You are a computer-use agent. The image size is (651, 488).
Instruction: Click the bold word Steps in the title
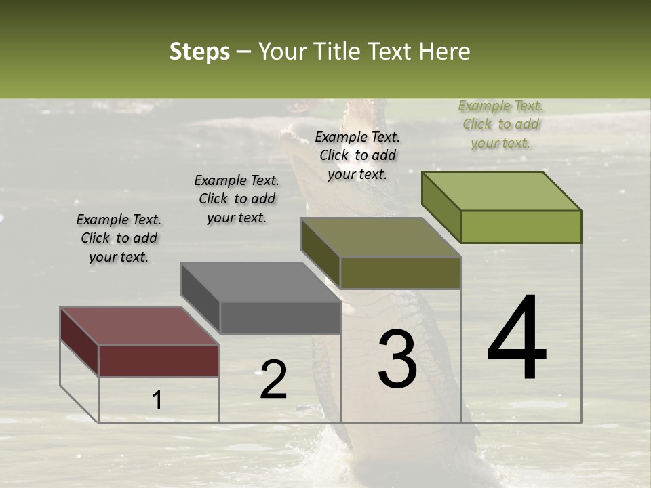[x=199, y=52]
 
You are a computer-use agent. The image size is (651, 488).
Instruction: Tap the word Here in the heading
[x=444, y=52]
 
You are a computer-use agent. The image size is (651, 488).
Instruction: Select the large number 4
[x=517, y=339]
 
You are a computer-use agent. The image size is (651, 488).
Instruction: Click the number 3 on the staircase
[x=397, y=359]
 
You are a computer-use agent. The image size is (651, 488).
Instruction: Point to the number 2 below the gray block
[x=273, y=380]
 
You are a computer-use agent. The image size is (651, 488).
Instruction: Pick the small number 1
[x=157, y=401]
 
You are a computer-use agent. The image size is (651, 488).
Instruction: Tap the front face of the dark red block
[x=159, y=361]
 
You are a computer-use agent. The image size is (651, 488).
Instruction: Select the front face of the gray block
[x=280, y=317]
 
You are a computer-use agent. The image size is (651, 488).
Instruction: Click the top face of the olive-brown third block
[x=380, y=237]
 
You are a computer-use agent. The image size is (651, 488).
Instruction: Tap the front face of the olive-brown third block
[x=400, y=272]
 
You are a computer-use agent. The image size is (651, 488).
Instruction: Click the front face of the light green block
[x=521, y=226]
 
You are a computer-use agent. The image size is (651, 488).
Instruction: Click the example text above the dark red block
[x=119, y=238]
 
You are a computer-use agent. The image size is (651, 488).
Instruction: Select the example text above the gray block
[x=237, y=199]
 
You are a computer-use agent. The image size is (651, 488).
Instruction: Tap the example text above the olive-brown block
[x=357, y=155]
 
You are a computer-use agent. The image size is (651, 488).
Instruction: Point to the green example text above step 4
[x=500, y=124]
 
